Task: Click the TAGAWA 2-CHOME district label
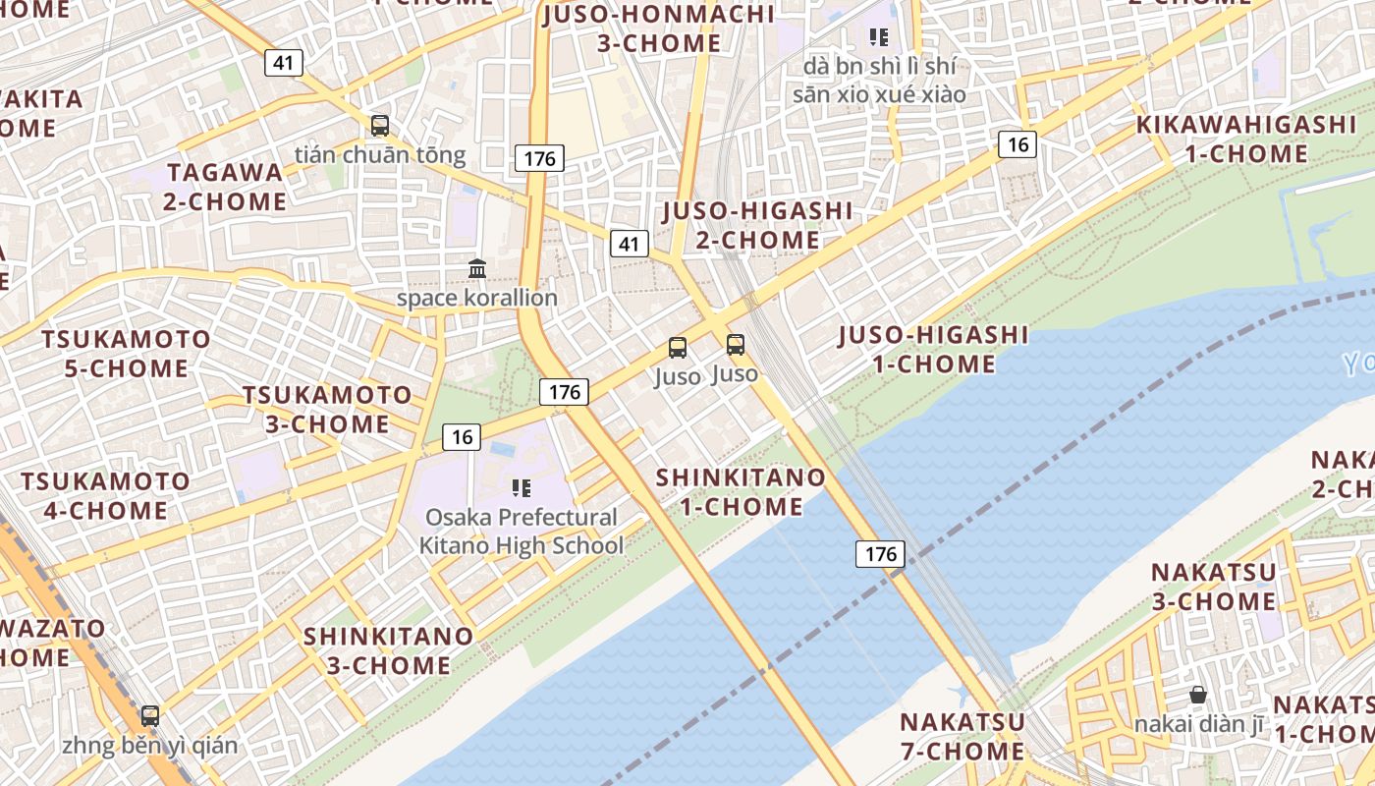pos(226,187)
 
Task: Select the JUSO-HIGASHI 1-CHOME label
pos(933,349)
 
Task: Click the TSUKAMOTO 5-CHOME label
pos(126,354)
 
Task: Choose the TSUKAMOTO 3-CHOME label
pos(327,409)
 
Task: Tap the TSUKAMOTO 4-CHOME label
pos(106,495)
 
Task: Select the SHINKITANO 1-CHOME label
pos(742,491)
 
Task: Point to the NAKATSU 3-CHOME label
pos(1214,586)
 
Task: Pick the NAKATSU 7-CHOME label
pos(962,736)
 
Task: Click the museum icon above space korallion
pos(477,268)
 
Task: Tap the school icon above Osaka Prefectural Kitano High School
pos(521,487)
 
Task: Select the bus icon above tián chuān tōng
pos(380,126)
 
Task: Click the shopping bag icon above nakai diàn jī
pos(1198,696)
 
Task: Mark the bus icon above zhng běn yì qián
pos(149,716)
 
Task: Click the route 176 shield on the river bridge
pos(880,553)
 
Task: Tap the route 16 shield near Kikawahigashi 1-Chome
pos(1017,144)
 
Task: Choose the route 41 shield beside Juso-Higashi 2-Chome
pos(629,244)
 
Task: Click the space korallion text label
pos(476,298)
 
